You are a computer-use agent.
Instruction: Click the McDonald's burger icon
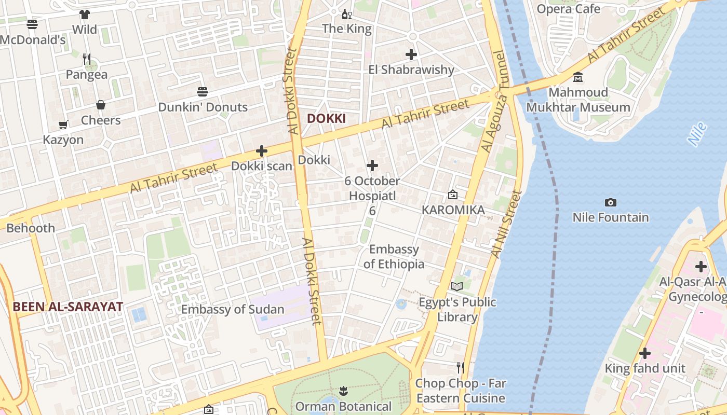[x=32, y=24]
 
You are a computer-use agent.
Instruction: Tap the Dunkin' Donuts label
[x=203, y=107]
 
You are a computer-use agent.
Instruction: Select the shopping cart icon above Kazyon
[x=63, y=125]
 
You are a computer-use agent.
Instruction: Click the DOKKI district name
[x=326, y=118]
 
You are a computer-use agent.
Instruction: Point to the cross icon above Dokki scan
[x=262, y=151]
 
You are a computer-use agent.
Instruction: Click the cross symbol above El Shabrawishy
[x=411, y=54]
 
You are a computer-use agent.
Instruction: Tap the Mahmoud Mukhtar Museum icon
[x=578, y=77]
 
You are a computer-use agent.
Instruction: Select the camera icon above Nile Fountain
[x=611, y=202]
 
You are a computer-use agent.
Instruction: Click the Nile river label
[x=697, y=133]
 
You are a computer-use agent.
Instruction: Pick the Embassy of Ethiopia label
[x=394, y=256]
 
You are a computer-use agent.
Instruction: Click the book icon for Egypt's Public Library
[x=457, y=286]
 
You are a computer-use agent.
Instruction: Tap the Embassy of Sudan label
[x=233, y=310]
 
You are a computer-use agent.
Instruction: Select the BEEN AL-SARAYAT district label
[x=68, y=307]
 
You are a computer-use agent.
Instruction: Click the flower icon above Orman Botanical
[x=343, y=390]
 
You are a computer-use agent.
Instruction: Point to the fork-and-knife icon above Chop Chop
[x=460, y=368]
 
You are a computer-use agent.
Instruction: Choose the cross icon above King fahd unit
[x=645, y=353]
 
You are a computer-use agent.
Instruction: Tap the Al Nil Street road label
[x=506, y=224]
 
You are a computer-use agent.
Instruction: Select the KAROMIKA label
[x=453, y=210]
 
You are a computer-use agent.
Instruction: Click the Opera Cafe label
[x=568, y=9]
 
